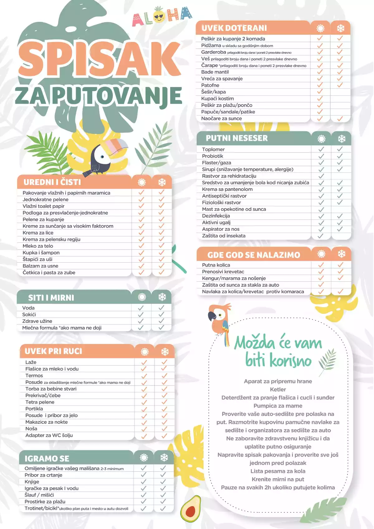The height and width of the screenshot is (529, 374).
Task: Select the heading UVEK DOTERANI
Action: point(234,28)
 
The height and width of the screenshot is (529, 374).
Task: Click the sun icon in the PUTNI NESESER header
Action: point(321,138)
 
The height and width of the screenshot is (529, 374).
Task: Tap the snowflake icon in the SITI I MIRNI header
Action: point(162,297)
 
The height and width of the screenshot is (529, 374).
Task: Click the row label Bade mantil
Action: point(215,72)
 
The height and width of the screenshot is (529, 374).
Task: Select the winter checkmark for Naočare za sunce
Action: point(340,119)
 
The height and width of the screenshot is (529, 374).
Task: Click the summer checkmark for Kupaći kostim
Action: point(320,99)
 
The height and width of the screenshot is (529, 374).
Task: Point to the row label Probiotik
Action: point(213,156)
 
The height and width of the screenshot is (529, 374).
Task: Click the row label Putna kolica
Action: point(216,265)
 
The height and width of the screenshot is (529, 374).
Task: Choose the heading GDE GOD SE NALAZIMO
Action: point(254,255)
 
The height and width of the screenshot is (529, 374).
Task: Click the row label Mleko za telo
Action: point(38,246)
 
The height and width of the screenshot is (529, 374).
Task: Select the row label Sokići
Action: point(29,314)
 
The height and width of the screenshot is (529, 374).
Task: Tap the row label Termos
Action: point(34,376)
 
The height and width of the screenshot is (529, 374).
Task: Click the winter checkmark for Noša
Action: point(164,429)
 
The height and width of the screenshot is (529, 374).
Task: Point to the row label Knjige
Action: point(32,482)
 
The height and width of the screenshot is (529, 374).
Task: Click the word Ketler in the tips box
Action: point(278,389)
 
